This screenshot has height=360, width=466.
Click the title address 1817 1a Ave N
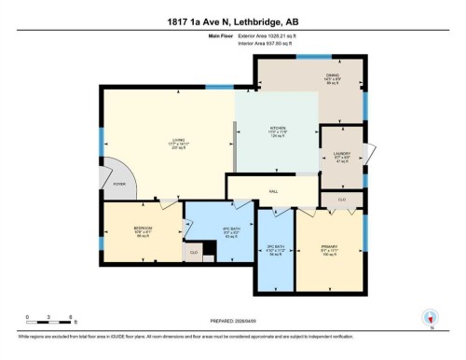tap(232, 10)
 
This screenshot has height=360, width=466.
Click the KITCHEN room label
tap(277, 128)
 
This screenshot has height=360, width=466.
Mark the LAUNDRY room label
tap(341, 155)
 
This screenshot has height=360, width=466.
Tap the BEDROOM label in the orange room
tap(143, 228)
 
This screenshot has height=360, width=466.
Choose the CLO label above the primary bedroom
tap(341, 200)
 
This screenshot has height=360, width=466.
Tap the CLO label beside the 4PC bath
tap(194, 252)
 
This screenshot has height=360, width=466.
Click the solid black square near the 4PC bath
tap(211, 248)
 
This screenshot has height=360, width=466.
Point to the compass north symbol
tap(430, 317)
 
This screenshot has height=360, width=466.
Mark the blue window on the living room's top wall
tap(219, 88)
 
